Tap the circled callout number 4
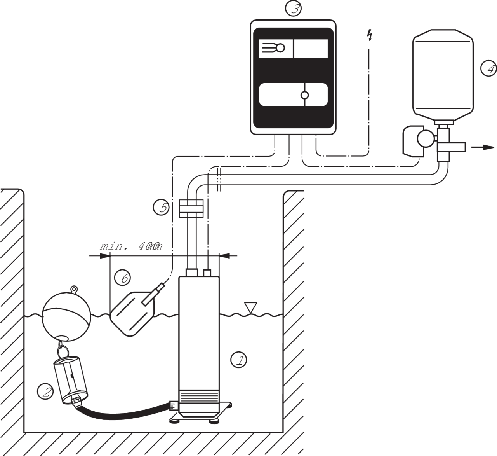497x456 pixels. (x=488, y=69)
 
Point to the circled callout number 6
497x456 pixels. (x=123, y=278)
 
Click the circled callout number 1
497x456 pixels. (x=239, y=360)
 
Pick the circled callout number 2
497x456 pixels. (x=45, y=391)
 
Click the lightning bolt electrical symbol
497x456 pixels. (x=370, y=36)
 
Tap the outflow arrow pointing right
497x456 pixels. (x=483, y=147)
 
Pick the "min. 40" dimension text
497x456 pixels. (x=131, y=246)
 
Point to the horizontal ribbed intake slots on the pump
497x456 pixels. (x=199, y=397)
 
